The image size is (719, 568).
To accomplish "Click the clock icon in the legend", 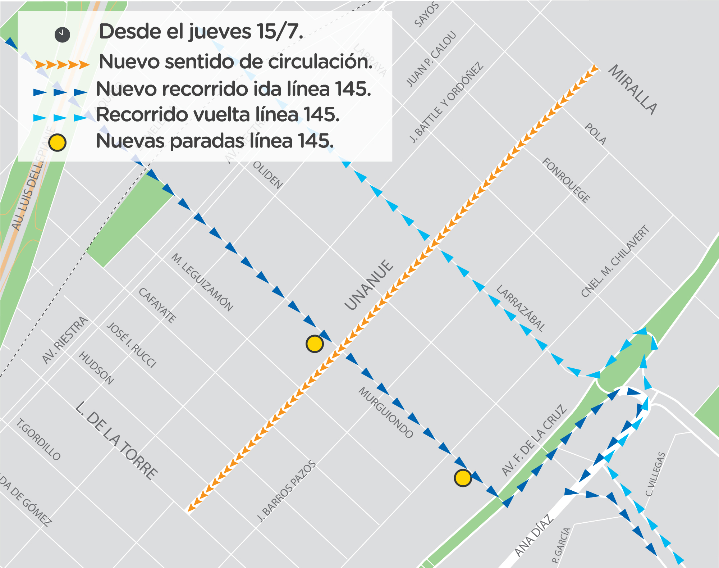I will (62, 35).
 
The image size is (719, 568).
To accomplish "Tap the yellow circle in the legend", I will (58, 142).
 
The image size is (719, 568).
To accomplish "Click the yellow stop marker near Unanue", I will (315, 344).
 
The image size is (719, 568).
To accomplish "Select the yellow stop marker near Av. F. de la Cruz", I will (463, 478).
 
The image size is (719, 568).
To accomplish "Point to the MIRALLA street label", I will (633, 90).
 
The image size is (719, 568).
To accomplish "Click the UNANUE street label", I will (369, 285).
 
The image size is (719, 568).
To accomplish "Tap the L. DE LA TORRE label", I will (116, 440).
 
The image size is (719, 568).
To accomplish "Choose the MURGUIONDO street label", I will (386, 413).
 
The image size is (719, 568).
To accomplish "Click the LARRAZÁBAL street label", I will (521, 308).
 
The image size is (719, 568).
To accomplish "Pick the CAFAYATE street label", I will (157, 305).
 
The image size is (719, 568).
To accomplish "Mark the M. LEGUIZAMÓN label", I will (202, 282).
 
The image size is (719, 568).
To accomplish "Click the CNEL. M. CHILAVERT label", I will (615, 261).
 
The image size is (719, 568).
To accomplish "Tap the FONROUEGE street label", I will (566, 180).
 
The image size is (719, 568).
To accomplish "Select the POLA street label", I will (595, 134).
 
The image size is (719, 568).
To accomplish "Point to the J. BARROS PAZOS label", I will (287, 491).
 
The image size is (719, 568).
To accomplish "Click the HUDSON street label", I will (96, 368).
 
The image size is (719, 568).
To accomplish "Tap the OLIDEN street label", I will (268, 175).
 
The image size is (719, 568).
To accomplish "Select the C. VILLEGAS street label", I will (655, 474).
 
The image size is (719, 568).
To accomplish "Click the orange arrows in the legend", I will (62, 65).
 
